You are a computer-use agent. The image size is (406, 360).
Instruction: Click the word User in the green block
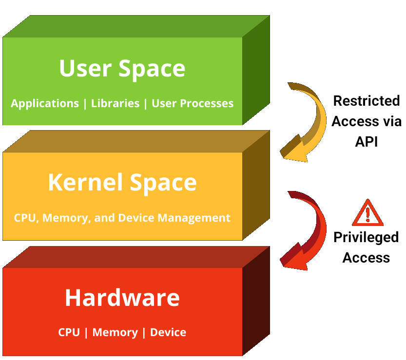[86, 69]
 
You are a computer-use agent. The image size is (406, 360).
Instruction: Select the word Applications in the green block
[45, 103]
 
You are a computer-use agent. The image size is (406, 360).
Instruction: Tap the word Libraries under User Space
[116, 103]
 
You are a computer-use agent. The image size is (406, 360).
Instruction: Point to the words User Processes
[193, 103]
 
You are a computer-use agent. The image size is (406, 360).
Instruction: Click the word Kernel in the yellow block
[85, 183]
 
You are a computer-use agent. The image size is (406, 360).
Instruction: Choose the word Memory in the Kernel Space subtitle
[66, 218]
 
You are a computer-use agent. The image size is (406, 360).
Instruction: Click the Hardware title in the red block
[122, 298]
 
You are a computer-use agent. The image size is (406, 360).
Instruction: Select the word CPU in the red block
[69, 332]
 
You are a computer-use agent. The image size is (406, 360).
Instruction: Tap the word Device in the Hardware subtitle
[168, 332]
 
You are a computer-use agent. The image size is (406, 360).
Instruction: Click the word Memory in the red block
[115, 332]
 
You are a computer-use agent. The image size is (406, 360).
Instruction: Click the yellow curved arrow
[307, 122]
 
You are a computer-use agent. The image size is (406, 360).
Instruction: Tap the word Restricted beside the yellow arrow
[366, 101]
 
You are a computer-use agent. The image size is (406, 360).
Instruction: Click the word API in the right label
[366, 141]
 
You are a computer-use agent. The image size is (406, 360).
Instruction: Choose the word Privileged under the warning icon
[366, 237]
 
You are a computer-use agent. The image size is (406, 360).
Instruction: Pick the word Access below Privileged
[366, 257]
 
